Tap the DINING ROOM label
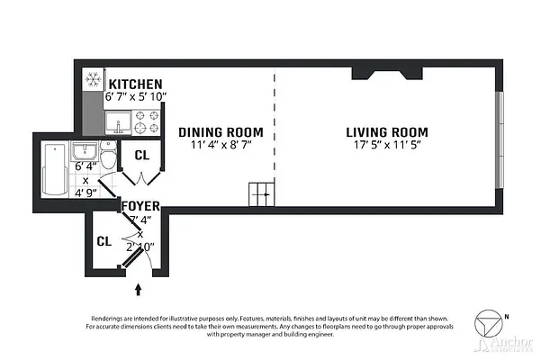point(221,131)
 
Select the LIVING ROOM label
point(387,131)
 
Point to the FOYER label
point(141,204)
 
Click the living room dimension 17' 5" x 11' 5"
point(387,145)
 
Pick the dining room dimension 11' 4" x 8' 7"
point(221,145)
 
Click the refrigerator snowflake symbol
point(93,79)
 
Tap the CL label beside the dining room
point(141,155)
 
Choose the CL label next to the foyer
point(103,241)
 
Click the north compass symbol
point(490,323)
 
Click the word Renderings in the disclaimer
point(109,319)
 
